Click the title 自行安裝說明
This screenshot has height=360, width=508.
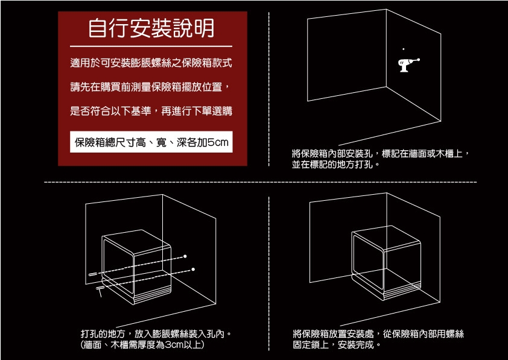click(x=151, y=28)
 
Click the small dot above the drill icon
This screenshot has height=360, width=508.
click(x=404, y=47)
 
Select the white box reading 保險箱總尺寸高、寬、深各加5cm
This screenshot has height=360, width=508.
click(x=151, y=142)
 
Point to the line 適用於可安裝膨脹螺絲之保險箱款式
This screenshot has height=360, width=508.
click(x=151, y=62)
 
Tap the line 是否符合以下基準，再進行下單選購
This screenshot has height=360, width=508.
click(x=151, y=112)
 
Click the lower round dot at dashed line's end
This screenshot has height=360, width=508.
click(x=193, y=269)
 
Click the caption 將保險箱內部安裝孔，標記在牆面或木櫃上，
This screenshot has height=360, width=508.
click(x=381, y=154)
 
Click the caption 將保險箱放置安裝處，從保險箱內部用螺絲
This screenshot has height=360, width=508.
click(x=379, y=334)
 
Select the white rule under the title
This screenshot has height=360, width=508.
click(x=151, y=46)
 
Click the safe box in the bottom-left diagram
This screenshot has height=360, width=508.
click(x=136, y=265)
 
